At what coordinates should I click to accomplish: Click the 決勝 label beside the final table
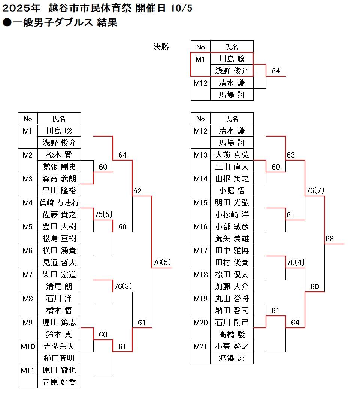coord(161,47)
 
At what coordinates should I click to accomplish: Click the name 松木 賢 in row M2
coord(59,155)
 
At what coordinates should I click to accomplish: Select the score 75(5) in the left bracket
coord(103,214)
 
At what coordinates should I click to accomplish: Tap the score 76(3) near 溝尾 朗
coord(123,286)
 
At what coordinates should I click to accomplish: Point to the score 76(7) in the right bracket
coord(315,190)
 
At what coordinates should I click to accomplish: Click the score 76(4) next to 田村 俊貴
coord(296,262)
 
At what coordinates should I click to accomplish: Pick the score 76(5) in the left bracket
coord(162,262)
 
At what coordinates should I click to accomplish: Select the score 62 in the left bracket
coord(137,191)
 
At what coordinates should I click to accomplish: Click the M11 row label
coord(28,370)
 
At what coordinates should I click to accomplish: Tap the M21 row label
coord(200,346)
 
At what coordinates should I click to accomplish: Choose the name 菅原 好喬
coord(59,382)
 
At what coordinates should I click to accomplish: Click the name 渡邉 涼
coord(232,358)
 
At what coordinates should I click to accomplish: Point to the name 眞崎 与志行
coord(59,202)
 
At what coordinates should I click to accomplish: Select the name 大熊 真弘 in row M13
coord(232,155)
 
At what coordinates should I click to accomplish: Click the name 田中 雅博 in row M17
coord(232,250)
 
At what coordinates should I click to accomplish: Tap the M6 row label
coord(28,251)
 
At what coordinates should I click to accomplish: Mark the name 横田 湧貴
coord(59,250)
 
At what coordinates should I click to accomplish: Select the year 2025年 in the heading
coord(19,8)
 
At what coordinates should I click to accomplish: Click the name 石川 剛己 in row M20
coord(232,322)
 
